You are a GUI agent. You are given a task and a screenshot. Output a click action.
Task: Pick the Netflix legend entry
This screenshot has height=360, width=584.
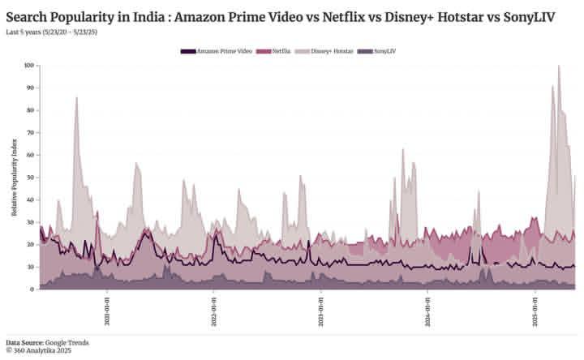273,51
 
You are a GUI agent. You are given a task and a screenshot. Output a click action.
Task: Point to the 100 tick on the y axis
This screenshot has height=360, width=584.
28,65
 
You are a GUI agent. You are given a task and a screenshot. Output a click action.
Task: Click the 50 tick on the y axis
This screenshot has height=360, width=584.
30,177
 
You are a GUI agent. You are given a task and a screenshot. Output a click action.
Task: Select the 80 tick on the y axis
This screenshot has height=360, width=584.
30,109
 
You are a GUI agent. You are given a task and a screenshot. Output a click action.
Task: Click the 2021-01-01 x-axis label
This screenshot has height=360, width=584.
107,310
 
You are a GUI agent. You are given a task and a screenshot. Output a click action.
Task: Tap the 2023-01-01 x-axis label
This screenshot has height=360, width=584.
321,310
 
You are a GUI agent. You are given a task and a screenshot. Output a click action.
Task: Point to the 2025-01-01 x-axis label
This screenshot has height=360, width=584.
535,310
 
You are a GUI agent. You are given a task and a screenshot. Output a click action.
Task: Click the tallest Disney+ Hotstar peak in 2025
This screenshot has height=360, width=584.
558,66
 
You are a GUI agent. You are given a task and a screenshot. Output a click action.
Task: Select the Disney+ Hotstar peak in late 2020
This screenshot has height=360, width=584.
76,98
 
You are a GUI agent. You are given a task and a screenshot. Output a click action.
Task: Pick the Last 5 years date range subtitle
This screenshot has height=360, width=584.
54,31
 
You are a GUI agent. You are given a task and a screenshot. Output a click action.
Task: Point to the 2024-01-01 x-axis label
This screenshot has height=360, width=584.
428,310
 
